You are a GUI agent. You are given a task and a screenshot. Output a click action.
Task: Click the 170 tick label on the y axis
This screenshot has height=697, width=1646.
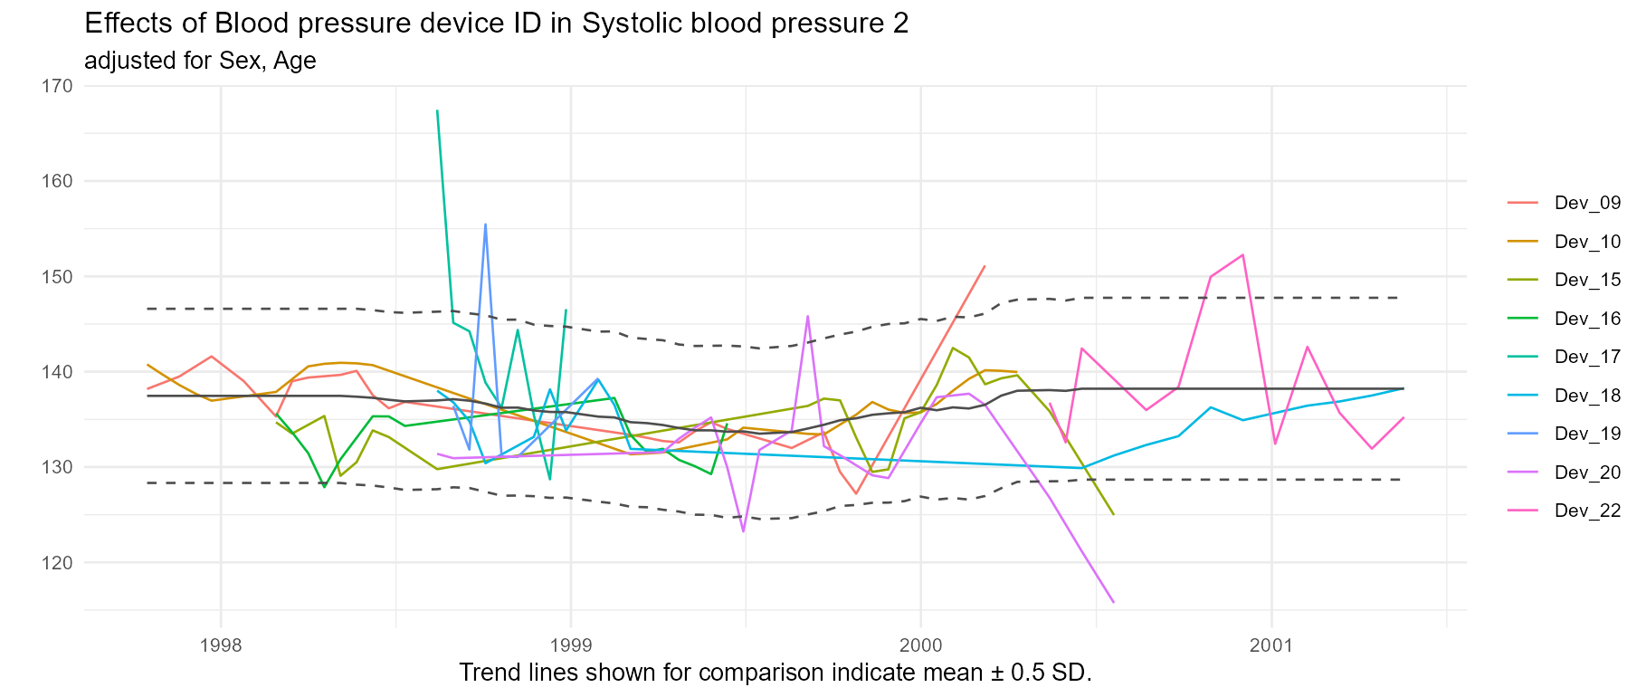click(x=57, y=86)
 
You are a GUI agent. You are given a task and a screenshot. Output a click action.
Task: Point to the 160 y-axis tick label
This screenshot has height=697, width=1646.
click(x=57, y=181)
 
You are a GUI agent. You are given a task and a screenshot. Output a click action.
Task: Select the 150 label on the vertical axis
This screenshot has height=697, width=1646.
click(x=57, y=276)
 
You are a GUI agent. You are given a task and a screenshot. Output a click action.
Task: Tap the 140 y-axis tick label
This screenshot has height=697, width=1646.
click(x=57, y=372)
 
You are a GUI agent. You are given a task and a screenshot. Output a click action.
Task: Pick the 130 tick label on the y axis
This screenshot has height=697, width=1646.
click(x=57, y=467)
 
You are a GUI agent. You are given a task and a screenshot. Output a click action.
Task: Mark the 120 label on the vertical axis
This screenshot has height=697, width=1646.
click(x=57, y=562)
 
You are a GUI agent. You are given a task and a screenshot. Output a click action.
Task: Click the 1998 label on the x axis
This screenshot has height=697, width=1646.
click(x=220, y=645)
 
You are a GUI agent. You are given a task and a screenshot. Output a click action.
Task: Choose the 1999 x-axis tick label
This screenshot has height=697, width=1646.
click(x=570, y=645)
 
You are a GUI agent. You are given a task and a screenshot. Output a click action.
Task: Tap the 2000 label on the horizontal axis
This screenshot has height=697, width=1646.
click(x=920, y=645)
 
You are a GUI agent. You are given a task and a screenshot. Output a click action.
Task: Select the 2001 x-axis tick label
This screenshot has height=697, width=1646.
click(x=1271, y=645)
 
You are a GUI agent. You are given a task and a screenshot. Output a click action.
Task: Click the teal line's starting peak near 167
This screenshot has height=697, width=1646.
click(x=437, y=111)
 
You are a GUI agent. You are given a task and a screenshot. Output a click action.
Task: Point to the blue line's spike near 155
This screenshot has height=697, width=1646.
click(x=486, y=224)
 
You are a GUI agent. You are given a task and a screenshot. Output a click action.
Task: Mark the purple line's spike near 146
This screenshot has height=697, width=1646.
click(x=807, y=317)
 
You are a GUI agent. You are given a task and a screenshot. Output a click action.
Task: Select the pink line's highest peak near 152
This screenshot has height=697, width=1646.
click(x=1243, y=255)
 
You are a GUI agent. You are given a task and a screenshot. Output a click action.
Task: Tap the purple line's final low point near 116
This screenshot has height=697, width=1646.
click(x=1113, y=602)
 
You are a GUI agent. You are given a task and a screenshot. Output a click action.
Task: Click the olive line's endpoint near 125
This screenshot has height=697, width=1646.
click(x=1113, y=513)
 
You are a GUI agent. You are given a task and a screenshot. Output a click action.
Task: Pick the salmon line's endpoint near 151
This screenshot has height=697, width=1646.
click(x=985, y=266)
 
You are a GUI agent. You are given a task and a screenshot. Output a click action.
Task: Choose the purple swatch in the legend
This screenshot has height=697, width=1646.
click(x=1522, y=472)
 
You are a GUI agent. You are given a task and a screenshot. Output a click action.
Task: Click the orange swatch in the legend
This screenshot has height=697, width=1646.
click(x=1522, y=242)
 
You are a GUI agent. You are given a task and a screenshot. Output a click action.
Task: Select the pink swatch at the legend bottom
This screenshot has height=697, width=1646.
click(x=1522, y=511)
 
